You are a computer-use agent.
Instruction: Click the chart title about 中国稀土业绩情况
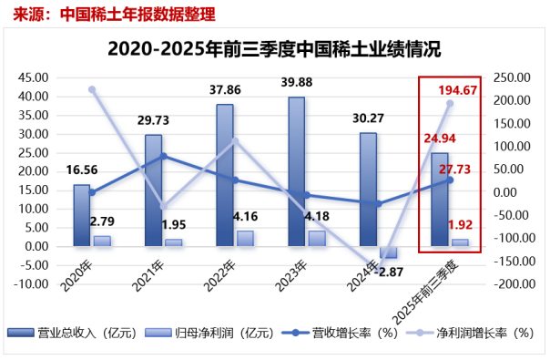coord(274,48)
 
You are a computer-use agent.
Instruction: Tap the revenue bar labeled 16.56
coord(82,215)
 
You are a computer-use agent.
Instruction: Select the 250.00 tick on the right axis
coord(511,77)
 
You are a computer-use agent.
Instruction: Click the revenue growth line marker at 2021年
coord(163,156)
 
